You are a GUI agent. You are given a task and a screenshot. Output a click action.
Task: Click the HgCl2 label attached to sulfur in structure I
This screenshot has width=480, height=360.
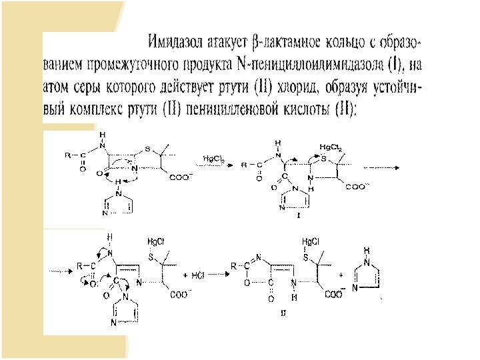click(331, 147)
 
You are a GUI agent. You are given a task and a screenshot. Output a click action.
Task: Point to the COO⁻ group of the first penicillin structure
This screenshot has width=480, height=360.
click(182, 177)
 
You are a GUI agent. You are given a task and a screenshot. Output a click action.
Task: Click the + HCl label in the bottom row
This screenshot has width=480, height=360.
click(195, 275)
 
